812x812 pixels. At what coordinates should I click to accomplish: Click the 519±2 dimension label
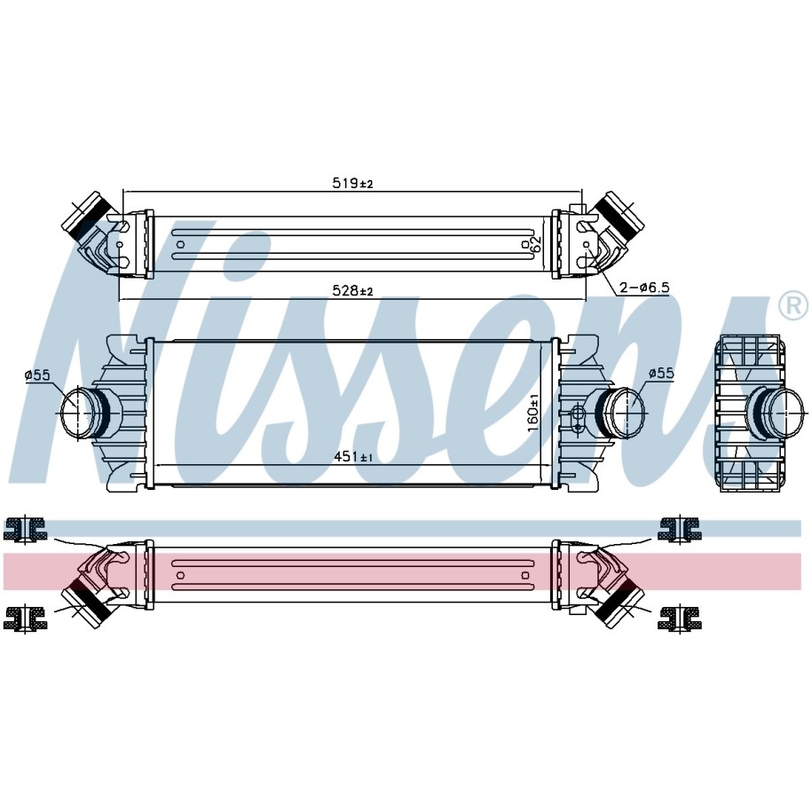(x=352, y=183)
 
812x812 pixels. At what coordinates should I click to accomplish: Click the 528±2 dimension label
(x=352, y=291)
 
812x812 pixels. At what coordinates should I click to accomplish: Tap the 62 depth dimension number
(x=536, y=244)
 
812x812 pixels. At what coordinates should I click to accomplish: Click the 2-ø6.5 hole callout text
(x=645, y=287)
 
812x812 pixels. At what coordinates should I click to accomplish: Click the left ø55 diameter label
(x=38, y=374)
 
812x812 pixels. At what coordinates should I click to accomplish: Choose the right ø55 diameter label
(x=661, y=373)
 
